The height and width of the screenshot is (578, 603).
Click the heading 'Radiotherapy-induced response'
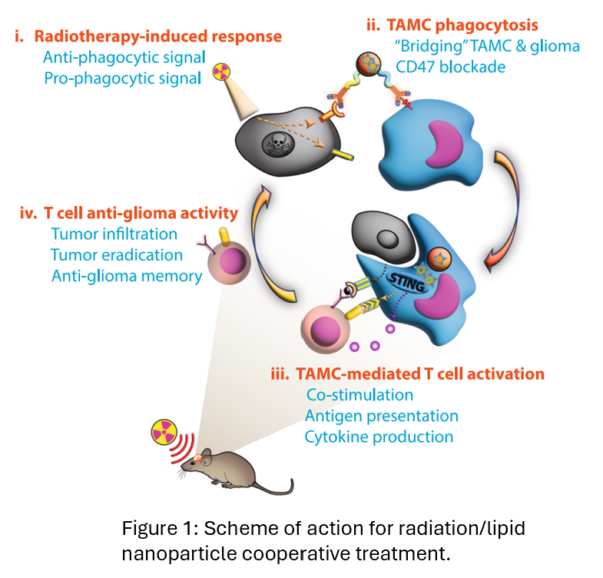[157, 36]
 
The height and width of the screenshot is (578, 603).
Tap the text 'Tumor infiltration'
[114, 234]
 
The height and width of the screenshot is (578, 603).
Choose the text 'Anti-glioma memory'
[126, 274]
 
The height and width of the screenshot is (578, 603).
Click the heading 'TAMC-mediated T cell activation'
[417, 374]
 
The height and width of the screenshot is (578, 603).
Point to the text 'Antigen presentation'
[381, 416]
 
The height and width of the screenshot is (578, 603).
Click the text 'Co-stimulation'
[359, 395]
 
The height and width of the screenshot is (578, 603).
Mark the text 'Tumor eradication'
[117, 254]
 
